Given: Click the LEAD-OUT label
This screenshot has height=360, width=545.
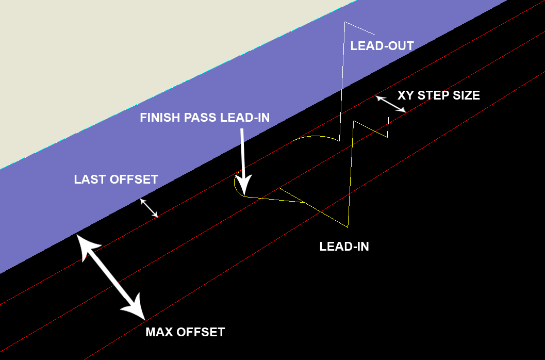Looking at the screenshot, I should pos(382,46).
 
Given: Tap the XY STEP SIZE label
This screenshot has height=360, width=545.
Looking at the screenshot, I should pos(438,95).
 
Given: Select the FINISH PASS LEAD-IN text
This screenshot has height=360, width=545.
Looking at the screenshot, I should pos(205,118).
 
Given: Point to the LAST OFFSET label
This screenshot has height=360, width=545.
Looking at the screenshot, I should pos(116,179).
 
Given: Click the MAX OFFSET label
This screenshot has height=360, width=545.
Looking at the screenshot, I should pos(185,332).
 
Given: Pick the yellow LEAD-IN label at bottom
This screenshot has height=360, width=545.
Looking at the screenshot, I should pos(344,247).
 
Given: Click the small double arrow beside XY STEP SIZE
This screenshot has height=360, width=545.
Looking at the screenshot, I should pos(391,104).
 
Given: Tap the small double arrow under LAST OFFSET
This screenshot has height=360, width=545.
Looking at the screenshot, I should pos(149,208).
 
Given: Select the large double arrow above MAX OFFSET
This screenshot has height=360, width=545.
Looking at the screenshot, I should pos(111,273).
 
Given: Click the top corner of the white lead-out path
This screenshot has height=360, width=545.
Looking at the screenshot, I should pos(345,22).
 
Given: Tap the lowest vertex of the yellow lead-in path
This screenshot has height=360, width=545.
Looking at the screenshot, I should pos(348,227).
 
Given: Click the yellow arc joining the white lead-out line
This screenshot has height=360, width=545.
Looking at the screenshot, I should pos(315,137).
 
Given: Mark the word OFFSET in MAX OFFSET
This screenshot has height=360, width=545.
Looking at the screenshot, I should pos(201,332).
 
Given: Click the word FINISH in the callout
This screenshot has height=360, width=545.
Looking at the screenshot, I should pos(159,118).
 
